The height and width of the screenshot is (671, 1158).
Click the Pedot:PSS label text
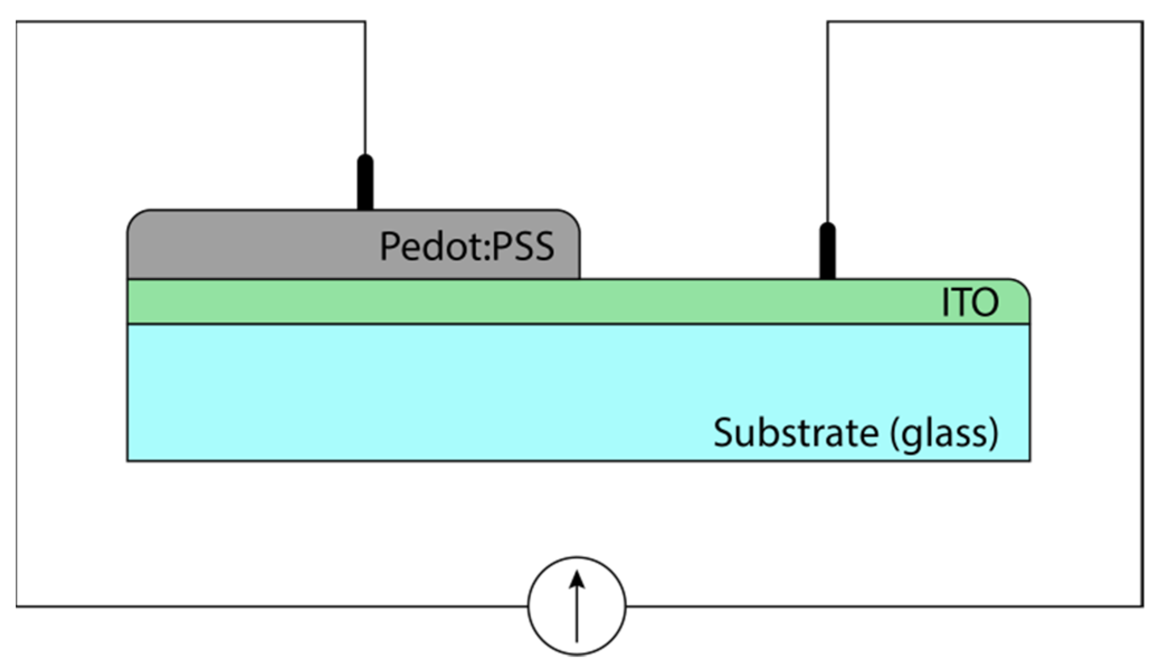point(466,246)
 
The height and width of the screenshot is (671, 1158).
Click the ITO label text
point(970,303)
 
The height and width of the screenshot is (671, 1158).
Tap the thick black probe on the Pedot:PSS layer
point(365,183)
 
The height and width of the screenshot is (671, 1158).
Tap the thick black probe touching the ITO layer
point(827,251)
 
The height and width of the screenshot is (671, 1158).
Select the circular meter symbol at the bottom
point(577,605)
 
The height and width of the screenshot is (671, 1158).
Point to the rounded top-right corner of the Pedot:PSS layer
point(573,218)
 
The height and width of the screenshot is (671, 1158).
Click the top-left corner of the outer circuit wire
point(17,22)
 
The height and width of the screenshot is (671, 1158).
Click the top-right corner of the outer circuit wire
point(1142,22)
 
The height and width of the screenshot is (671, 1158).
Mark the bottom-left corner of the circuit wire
point(17,606)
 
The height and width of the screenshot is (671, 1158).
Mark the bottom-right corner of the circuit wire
point(1142,606)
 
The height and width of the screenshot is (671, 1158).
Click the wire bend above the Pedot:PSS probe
point(365,22)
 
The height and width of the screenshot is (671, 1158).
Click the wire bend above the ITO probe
point(827,22)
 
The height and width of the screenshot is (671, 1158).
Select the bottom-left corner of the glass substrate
point(128,460)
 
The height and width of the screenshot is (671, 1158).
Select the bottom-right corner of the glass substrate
point(1030,460)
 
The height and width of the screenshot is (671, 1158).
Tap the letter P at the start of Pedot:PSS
point(389,246)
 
